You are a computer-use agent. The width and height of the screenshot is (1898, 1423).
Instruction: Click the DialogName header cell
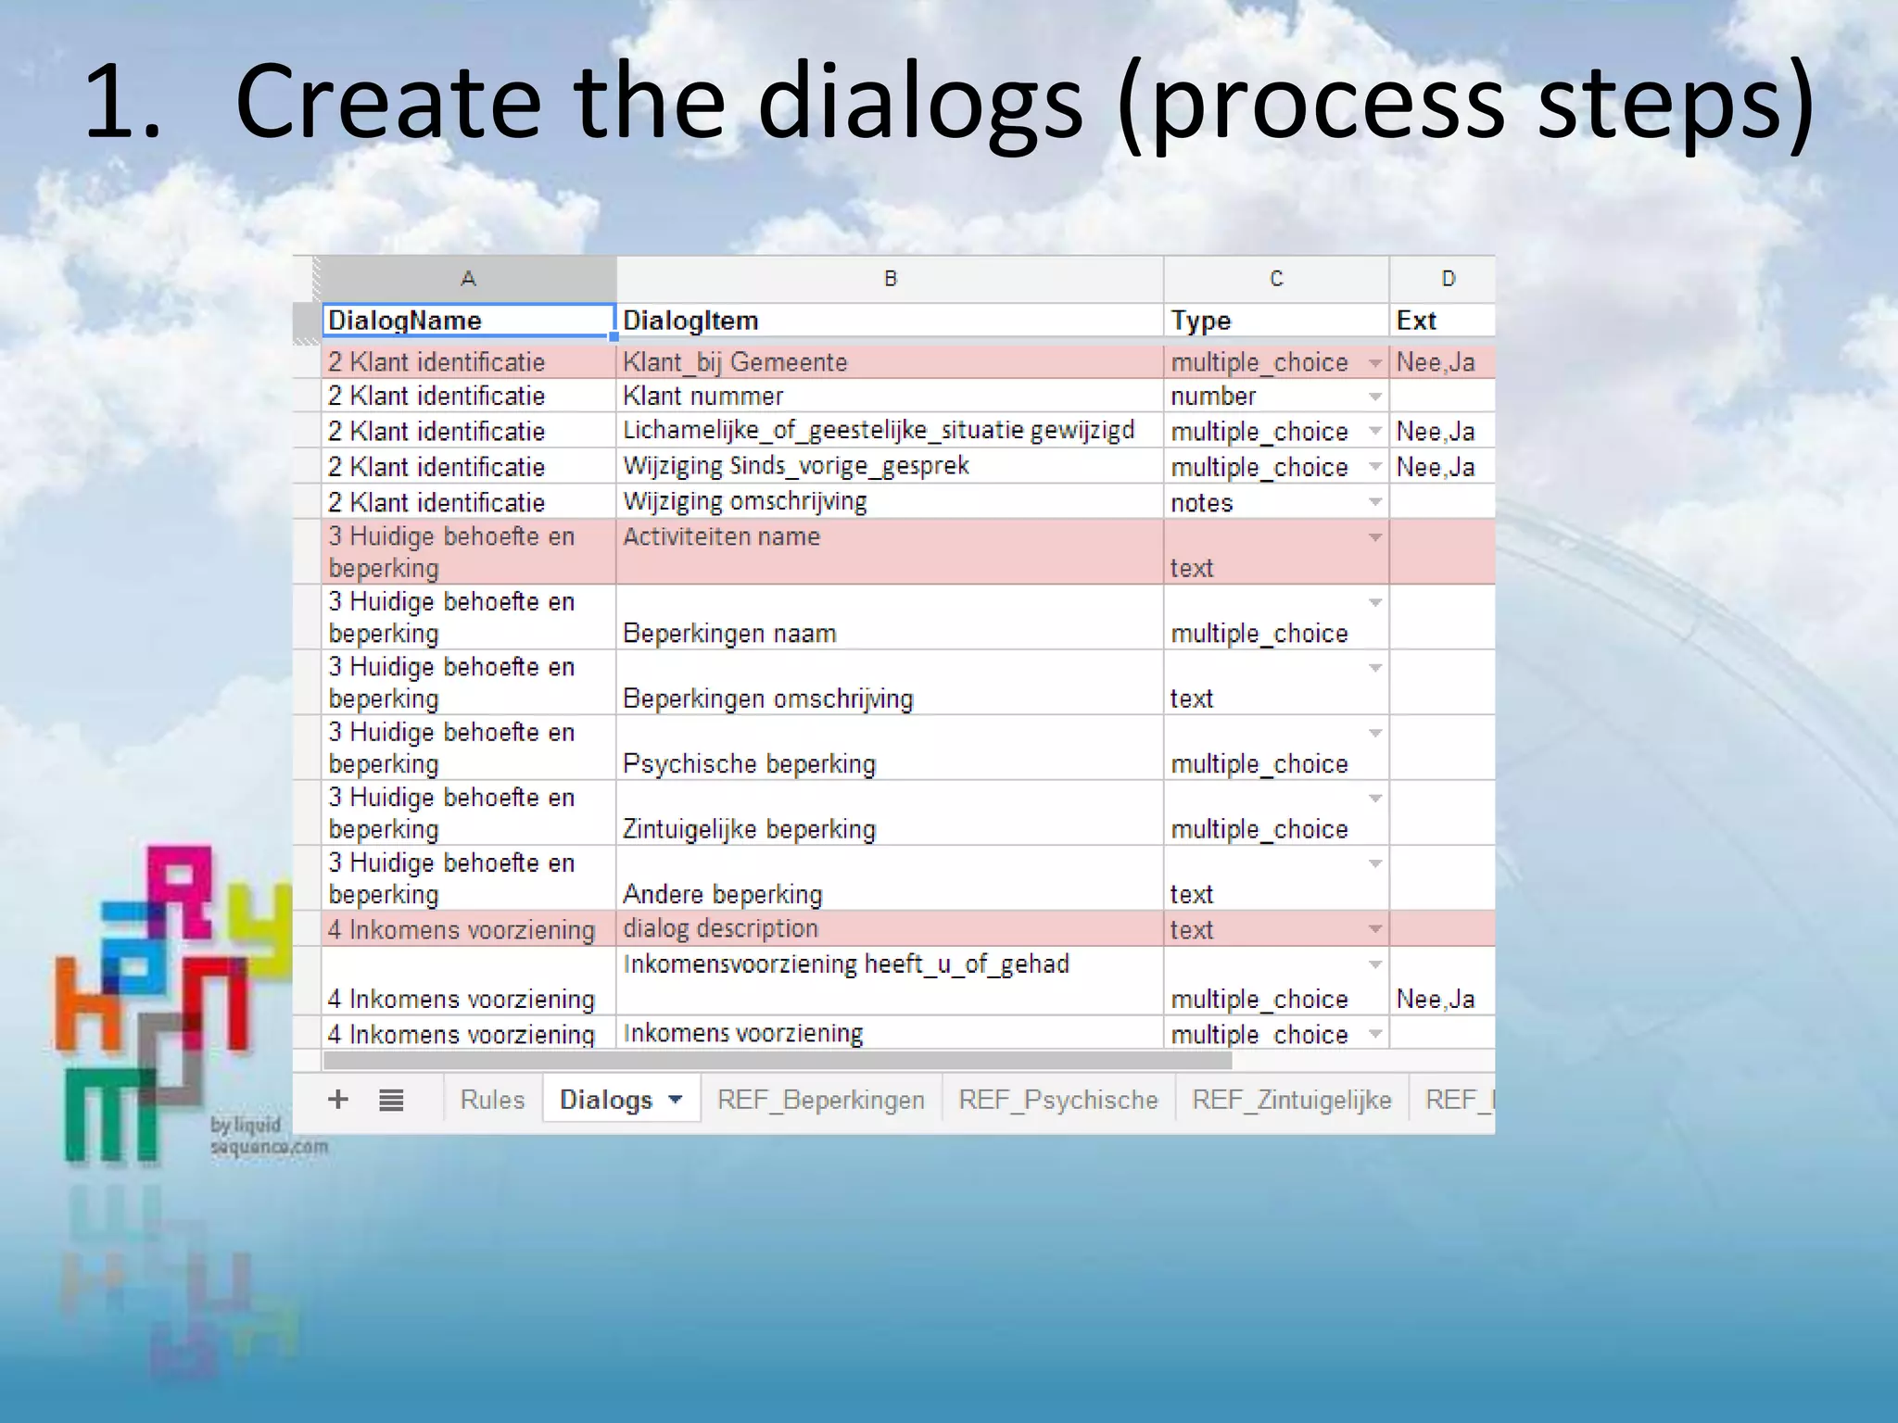(468, 321)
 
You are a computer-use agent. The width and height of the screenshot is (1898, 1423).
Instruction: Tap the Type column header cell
(1275, 321)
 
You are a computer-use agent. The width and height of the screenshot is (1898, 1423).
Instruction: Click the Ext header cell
(1441, 321)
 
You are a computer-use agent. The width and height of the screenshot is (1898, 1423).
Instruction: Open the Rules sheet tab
(492, 1100)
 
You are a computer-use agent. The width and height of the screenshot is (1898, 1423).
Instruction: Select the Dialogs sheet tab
(607, 1100)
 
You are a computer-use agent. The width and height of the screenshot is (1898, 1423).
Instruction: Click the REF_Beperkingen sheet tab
(820, 1100)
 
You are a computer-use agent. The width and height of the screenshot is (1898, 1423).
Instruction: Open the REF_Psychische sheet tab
(1057, 1100)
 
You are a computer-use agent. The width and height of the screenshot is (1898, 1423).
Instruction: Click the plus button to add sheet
(338, 1100)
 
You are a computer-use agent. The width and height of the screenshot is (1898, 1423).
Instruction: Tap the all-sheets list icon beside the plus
(391, 1101)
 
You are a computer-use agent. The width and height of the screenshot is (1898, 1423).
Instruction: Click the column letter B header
(890, 279)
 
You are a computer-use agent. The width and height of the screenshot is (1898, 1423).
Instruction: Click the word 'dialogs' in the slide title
(919, 102)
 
